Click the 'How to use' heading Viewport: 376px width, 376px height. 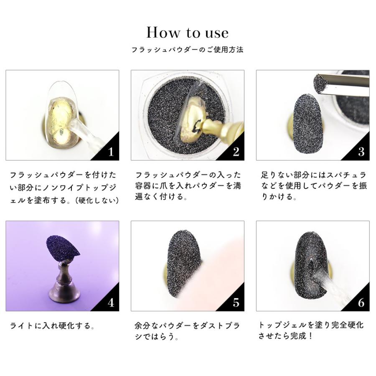click(188, 33)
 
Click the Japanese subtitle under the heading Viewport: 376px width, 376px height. click(188, 50)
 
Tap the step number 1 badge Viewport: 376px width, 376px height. click(110, 152)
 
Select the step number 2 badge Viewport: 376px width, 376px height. click(236, 152)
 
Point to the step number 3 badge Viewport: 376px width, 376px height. click(361, 152)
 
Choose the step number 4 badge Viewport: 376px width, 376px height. click(110, 302)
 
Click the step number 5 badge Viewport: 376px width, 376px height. click(236, 302)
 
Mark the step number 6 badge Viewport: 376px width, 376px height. click(361, 302)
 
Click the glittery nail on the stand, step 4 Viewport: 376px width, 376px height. click(63, 246)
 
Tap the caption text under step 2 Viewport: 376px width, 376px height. click(188, 185)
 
